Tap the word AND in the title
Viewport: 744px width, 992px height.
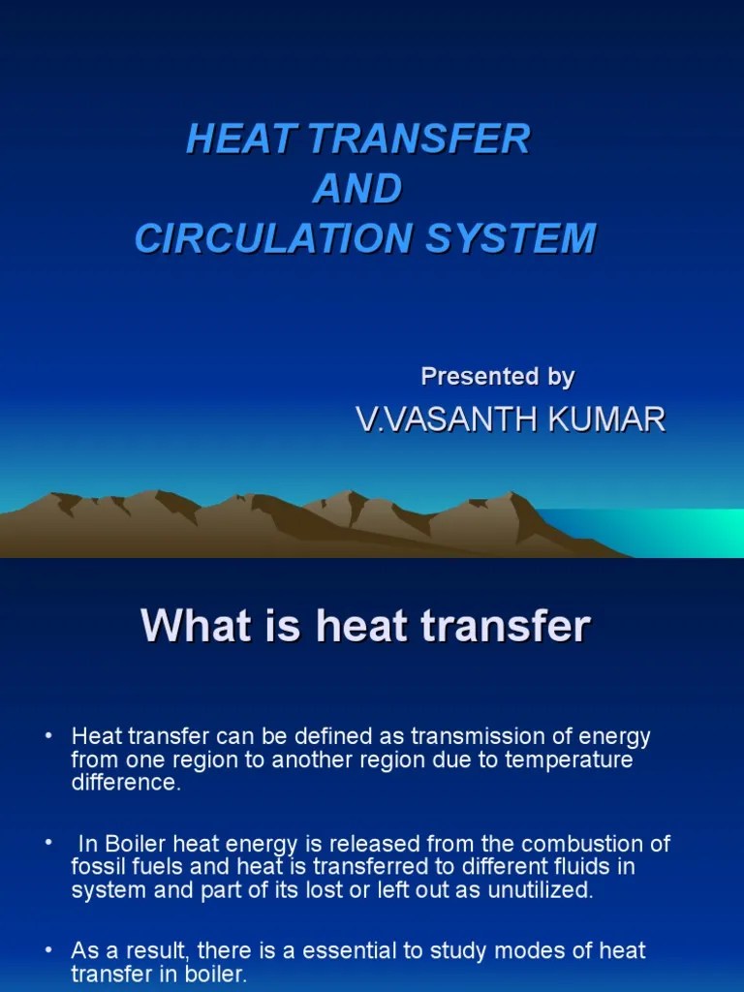pyautogui.click(x=356, y=189)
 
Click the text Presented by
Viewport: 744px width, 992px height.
pyautogui.click(x=498, y=376)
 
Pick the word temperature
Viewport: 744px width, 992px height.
pyautogui.click(x=566, y=759)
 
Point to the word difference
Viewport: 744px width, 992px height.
pyautogui.click(x=125, y=783)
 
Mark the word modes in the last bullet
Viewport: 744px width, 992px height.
pyautogui.click(x=512, y=951)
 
